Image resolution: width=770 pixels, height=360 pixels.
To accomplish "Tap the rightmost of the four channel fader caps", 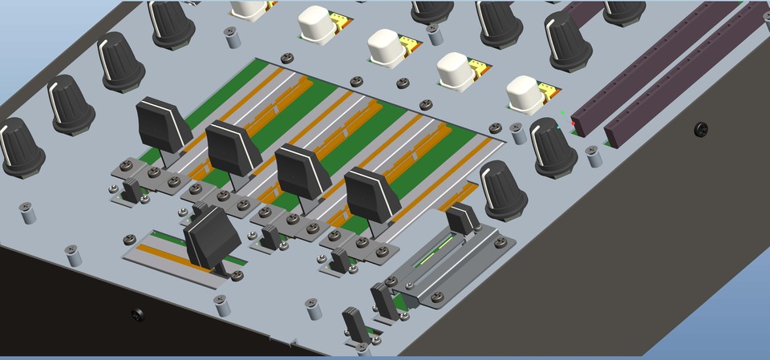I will click(x=372, y=195).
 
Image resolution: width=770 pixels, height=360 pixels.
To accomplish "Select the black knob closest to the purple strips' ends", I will click(x=553, y=147).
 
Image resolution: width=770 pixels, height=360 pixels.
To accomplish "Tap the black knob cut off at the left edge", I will click(x=18, y=147).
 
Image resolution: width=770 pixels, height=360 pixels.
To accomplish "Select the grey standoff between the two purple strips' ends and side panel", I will click(x=594, y=155).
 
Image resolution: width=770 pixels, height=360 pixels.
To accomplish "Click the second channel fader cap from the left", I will click(x=234, y=148).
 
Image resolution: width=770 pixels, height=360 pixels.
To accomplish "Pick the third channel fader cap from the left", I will click(x=302, y=171).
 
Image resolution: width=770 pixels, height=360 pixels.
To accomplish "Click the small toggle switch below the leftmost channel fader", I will click(x=132, y=191).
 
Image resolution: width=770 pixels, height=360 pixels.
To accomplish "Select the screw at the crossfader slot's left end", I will click(x=130, y=240).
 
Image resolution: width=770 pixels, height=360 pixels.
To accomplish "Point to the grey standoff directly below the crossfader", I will click(x=221, y=305).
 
